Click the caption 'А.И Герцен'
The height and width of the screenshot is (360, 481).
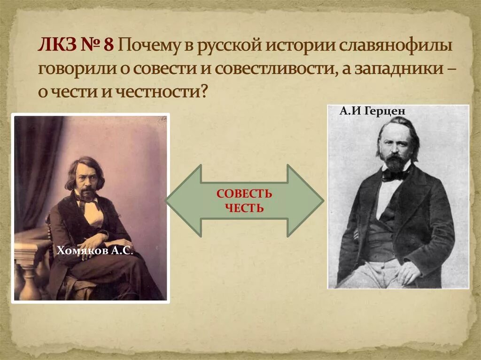[371, 112]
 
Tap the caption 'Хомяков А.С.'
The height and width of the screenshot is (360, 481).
[95, 252]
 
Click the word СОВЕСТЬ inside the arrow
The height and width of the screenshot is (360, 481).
[244, 194]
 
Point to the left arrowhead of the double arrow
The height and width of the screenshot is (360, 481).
[181, 201]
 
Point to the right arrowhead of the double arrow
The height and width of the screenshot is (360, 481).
[308, 201]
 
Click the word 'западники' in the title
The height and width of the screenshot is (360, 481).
[396, 69]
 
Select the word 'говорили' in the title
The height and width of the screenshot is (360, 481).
[77, 69]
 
